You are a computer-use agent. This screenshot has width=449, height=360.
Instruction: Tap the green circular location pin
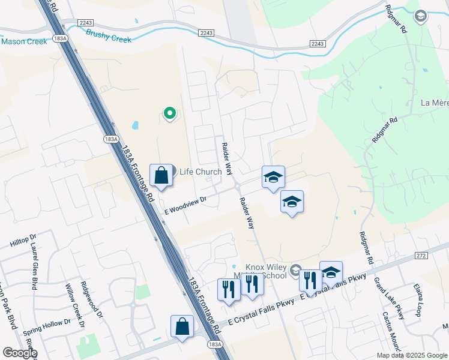[170, 112]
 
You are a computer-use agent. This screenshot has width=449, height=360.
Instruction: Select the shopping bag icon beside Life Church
[161, 176]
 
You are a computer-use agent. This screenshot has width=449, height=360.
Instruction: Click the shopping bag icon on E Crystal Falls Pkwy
[182, 327]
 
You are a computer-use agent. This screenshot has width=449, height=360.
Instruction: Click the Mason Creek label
[24, 41]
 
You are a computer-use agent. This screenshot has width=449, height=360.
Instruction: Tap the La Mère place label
[435, 103]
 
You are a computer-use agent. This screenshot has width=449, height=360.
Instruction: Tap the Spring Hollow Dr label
[46, 328]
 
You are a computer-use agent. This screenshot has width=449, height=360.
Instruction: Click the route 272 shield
[420, 256]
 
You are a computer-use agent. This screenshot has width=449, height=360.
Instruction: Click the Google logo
[19, 352]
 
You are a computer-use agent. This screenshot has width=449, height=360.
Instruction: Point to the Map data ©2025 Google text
[412, 355]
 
